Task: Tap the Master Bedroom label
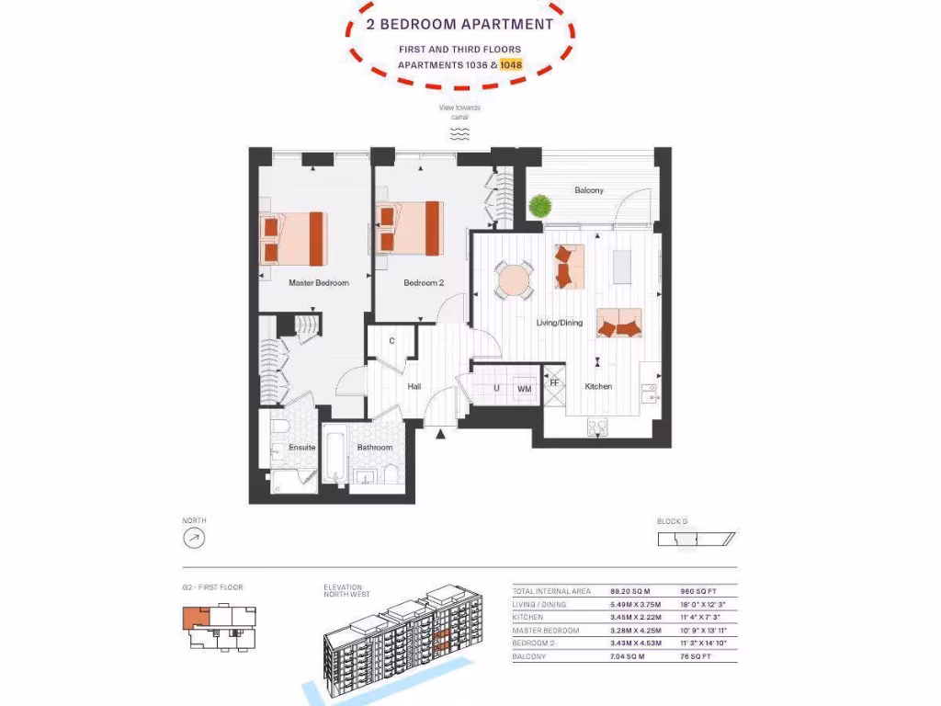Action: tap(319, 283)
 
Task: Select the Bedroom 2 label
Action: tap(424, 283)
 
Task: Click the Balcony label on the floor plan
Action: tap(589, 190)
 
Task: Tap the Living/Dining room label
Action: tap(560, 323)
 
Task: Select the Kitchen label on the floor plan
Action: tap(598, 387)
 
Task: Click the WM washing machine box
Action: tap(524, 389)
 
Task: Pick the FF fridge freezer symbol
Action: tap(554, 382)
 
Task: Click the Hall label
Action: tap(414, 387)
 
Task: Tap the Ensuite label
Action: tap(302, 448)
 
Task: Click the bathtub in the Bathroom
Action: tap(334, 456)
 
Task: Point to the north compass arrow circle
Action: tap(194, 538)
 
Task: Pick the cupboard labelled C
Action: tap(392, 341)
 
